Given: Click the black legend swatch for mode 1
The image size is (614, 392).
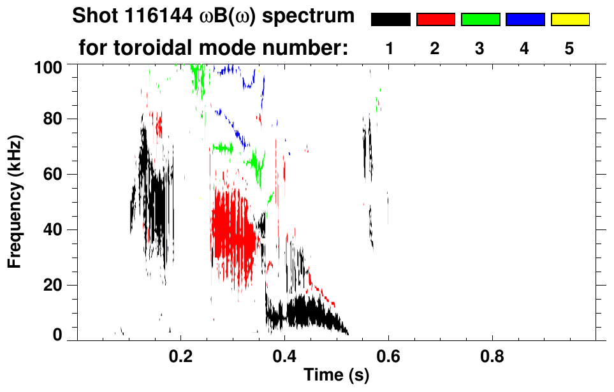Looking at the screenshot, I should tap(391, 20).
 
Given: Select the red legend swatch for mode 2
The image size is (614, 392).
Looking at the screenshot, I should tap(435, 20).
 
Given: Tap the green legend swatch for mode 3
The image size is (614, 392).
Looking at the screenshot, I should tap(480, 20).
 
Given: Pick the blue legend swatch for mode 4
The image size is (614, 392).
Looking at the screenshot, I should tap(525, 20).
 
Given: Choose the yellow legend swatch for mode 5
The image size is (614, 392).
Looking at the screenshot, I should tap(570, 20).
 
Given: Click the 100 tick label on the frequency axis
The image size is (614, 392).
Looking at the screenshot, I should tap(48, 66).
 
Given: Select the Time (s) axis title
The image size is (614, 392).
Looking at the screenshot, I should tap(335, 376).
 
